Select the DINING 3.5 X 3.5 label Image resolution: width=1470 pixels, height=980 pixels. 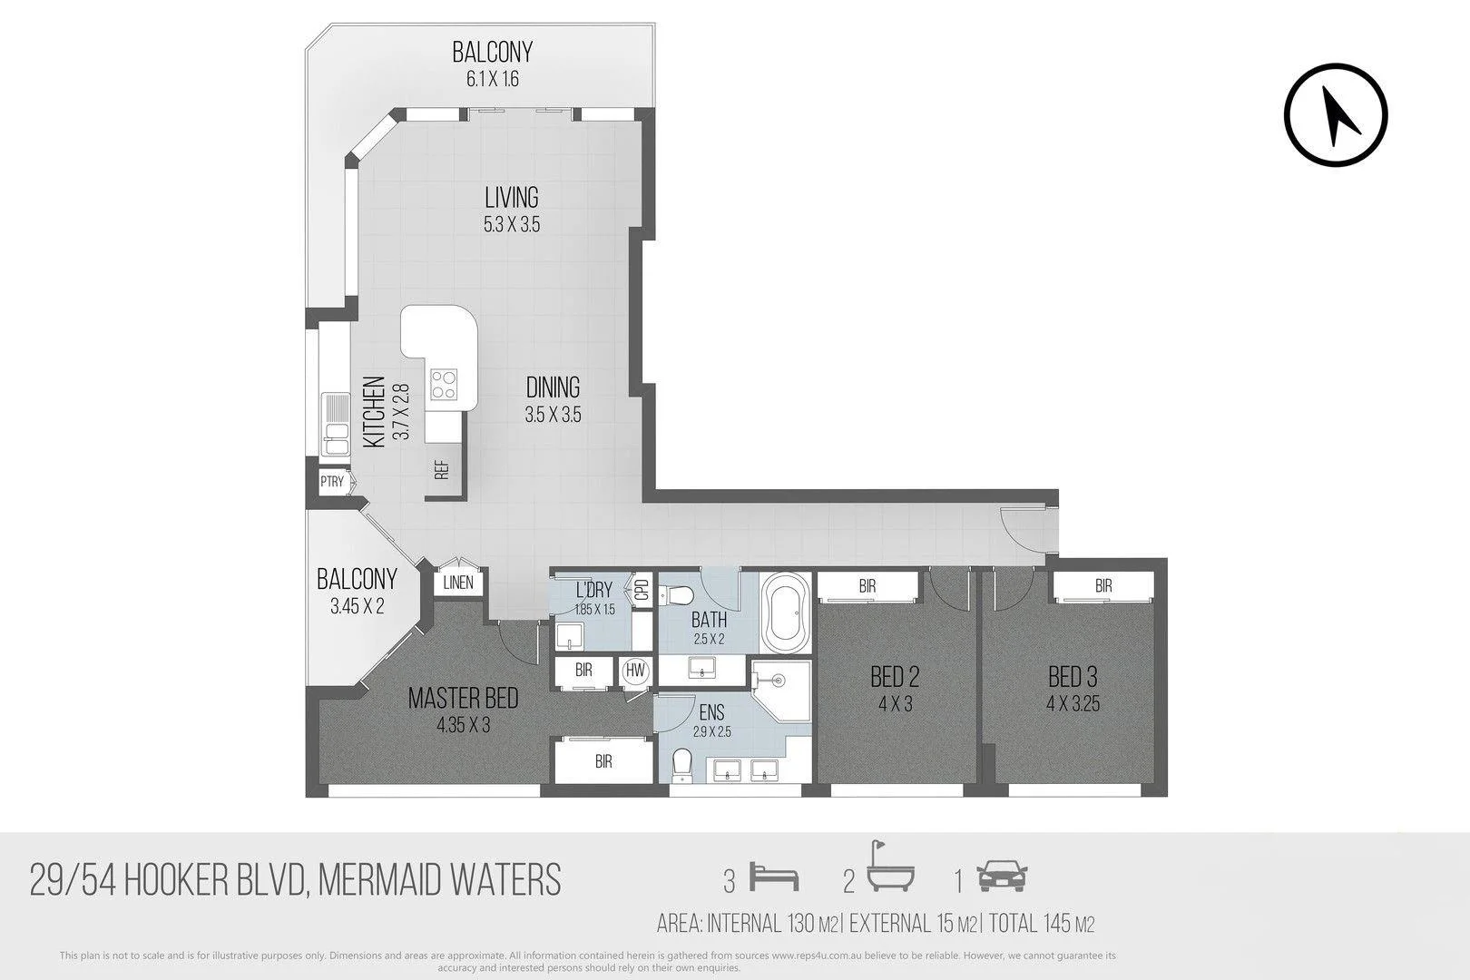[553, 400]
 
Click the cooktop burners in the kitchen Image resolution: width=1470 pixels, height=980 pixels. [444, 384]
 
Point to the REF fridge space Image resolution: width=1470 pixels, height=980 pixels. [442, 470]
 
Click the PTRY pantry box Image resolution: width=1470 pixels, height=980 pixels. [332, 482]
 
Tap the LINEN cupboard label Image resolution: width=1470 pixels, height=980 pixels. [458, 583]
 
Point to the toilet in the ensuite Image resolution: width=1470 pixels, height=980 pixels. [681, 764]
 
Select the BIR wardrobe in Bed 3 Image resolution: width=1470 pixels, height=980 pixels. [1102, 587]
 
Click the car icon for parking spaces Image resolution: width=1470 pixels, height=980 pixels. [1002, 877]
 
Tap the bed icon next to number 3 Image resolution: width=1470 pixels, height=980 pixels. [774, 878]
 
